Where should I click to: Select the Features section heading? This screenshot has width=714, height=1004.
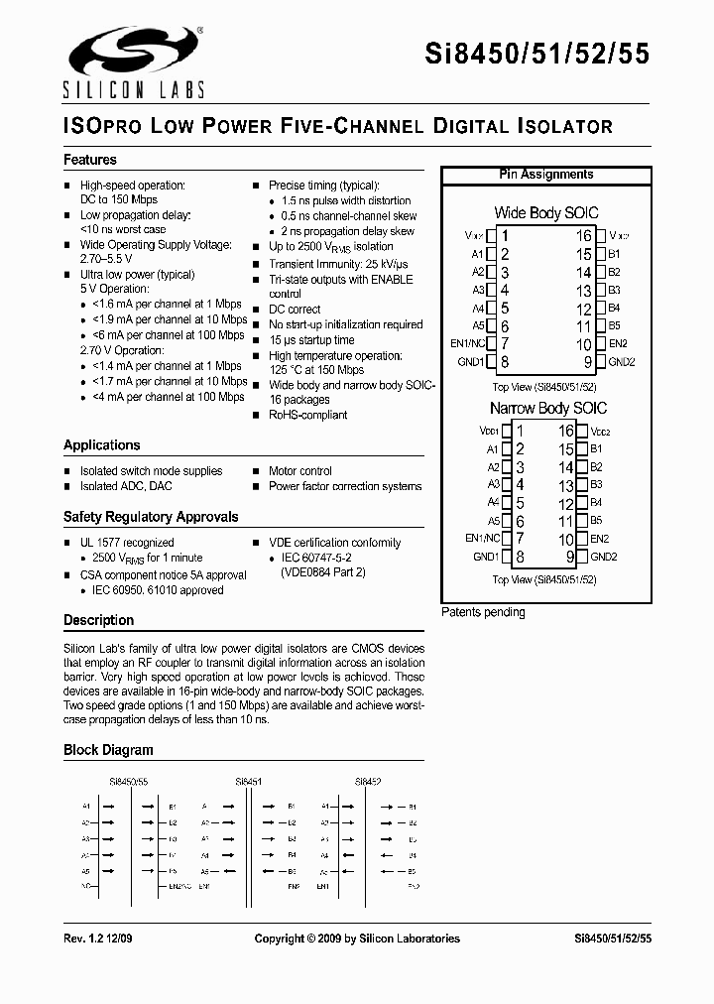pos(90,160)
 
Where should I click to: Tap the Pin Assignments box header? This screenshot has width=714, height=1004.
pos(545,175)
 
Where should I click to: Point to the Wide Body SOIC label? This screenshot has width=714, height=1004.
pos(545,213)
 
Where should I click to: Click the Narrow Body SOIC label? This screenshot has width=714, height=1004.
pos(547,408)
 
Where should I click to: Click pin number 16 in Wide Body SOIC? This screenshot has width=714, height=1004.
pos(584,236)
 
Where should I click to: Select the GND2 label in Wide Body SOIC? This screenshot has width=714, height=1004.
pos(622,362)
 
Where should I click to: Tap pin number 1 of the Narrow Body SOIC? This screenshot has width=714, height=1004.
pos(520,431)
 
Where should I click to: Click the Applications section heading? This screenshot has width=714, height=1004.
pos(102,445)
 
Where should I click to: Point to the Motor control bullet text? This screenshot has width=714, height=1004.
pos(300,471)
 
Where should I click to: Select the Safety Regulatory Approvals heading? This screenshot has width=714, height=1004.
pos(151,517)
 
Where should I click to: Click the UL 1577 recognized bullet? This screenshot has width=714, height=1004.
pos(127,543)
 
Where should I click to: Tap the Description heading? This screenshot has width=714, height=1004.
pos(98,620)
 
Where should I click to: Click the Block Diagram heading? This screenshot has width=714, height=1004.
pos(108,750)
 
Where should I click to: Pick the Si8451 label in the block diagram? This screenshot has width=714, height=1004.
pos(249,782)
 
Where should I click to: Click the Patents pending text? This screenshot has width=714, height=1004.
pos(483,612)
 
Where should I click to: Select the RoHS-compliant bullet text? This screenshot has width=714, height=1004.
pos(308,415)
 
